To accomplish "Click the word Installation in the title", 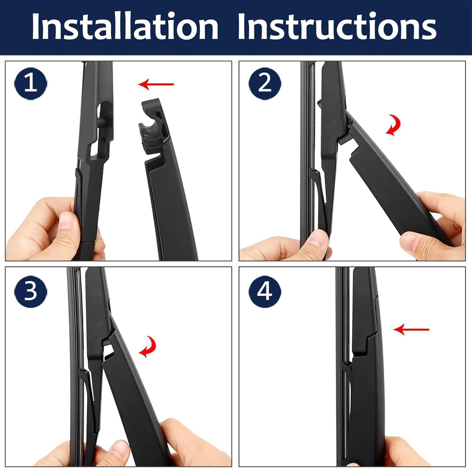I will (125, 27).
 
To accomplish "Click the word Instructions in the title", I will (337, 27).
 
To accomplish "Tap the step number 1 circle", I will (31, 84).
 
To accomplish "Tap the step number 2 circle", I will (264, 84).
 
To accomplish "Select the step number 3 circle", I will (31, 291).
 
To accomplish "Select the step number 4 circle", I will (264, 291).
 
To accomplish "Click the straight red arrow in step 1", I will (156, 84).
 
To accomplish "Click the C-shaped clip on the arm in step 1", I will (150, 126).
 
